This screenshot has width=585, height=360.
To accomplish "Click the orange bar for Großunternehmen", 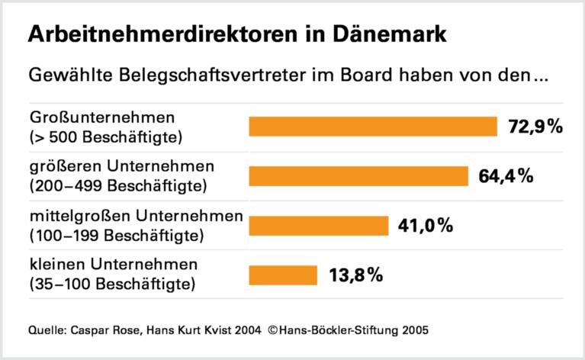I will pos(373,126).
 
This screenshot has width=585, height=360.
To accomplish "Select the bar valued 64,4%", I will pos(358,175).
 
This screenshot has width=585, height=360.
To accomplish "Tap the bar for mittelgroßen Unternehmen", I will pos(319,226).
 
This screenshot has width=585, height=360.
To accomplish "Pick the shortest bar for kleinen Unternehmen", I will pos(283,275).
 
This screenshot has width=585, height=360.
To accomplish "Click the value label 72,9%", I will pos(535,126).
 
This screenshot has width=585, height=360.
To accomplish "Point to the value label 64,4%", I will pos(506,175).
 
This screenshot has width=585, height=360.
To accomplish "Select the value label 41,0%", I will pos(426,226).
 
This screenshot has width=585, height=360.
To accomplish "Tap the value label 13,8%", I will pos(355,275).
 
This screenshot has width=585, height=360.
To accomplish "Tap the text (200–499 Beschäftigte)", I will pos(114,185).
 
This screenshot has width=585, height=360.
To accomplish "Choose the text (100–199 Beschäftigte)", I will pos(114,234).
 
